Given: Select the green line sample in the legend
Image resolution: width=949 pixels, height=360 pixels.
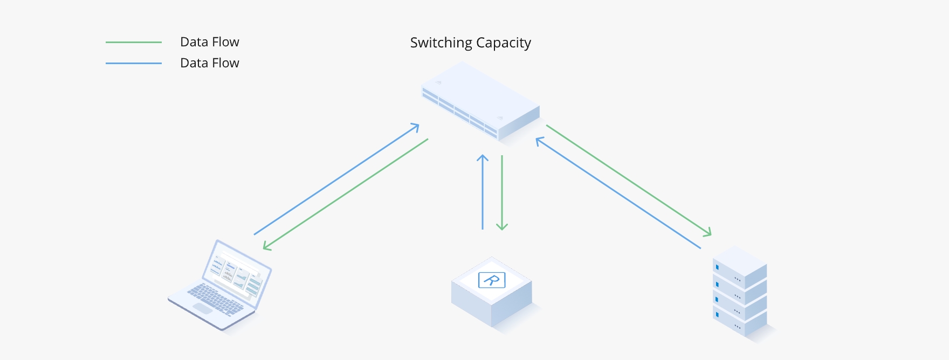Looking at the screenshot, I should tap(134, 42).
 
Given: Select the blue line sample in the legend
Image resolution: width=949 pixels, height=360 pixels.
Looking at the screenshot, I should tap(134, 63).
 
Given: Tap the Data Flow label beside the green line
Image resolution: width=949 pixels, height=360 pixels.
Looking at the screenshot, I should tap(209, 42).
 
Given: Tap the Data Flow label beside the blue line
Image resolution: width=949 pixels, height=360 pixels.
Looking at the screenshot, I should tap(209, 63).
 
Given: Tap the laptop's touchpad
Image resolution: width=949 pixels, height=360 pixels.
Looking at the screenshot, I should tap(203, 308).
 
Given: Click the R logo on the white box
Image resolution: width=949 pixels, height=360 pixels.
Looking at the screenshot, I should tap(492, 280).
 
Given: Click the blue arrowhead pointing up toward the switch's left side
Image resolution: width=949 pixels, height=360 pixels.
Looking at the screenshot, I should tap(415, 127).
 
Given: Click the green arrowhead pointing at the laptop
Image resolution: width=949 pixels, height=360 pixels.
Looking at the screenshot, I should tap(266, 246).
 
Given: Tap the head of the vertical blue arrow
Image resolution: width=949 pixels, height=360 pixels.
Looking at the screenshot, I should tap(483, 158).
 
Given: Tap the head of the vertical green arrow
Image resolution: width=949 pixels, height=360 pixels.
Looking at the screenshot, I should tap(502, 226).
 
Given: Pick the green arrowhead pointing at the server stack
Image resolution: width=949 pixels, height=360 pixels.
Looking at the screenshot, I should tap(707, 233).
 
